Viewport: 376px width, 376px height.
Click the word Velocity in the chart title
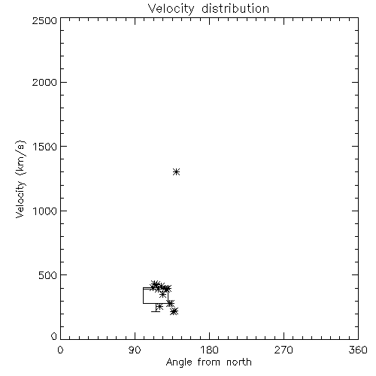(x=171, y=9)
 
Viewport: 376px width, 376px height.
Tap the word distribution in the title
(x=235, y=8)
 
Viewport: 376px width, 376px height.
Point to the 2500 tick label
(x=44, y=20)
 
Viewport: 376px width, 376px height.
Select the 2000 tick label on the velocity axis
(x=44, y=82)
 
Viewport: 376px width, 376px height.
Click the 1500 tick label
(x=45, y=147)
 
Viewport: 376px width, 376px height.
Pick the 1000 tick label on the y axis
(x=45, y=211)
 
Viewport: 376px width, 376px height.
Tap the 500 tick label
(x=48, y=275)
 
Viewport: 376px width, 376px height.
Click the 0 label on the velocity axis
(x=54, y=336)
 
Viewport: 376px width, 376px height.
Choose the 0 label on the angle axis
(x=60, y=350)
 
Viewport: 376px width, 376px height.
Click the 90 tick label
(x=135, y=350)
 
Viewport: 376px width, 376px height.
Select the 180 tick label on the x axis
(x=209, y=350)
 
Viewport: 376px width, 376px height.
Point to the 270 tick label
(x=284, y=350)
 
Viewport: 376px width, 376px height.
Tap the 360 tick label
(x=358, y=350)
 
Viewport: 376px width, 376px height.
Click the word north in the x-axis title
(x=239, y=362)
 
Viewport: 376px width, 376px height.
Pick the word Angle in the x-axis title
(x=179, y=363)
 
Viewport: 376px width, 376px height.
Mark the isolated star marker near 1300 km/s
(x=177, y=172)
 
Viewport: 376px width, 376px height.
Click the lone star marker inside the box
(x=163, y=295)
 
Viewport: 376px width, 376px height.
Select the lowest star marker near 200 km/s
(x=174, y=311)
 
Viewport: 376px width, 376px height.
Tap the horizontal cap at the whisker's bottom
(x=156, y=311)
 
